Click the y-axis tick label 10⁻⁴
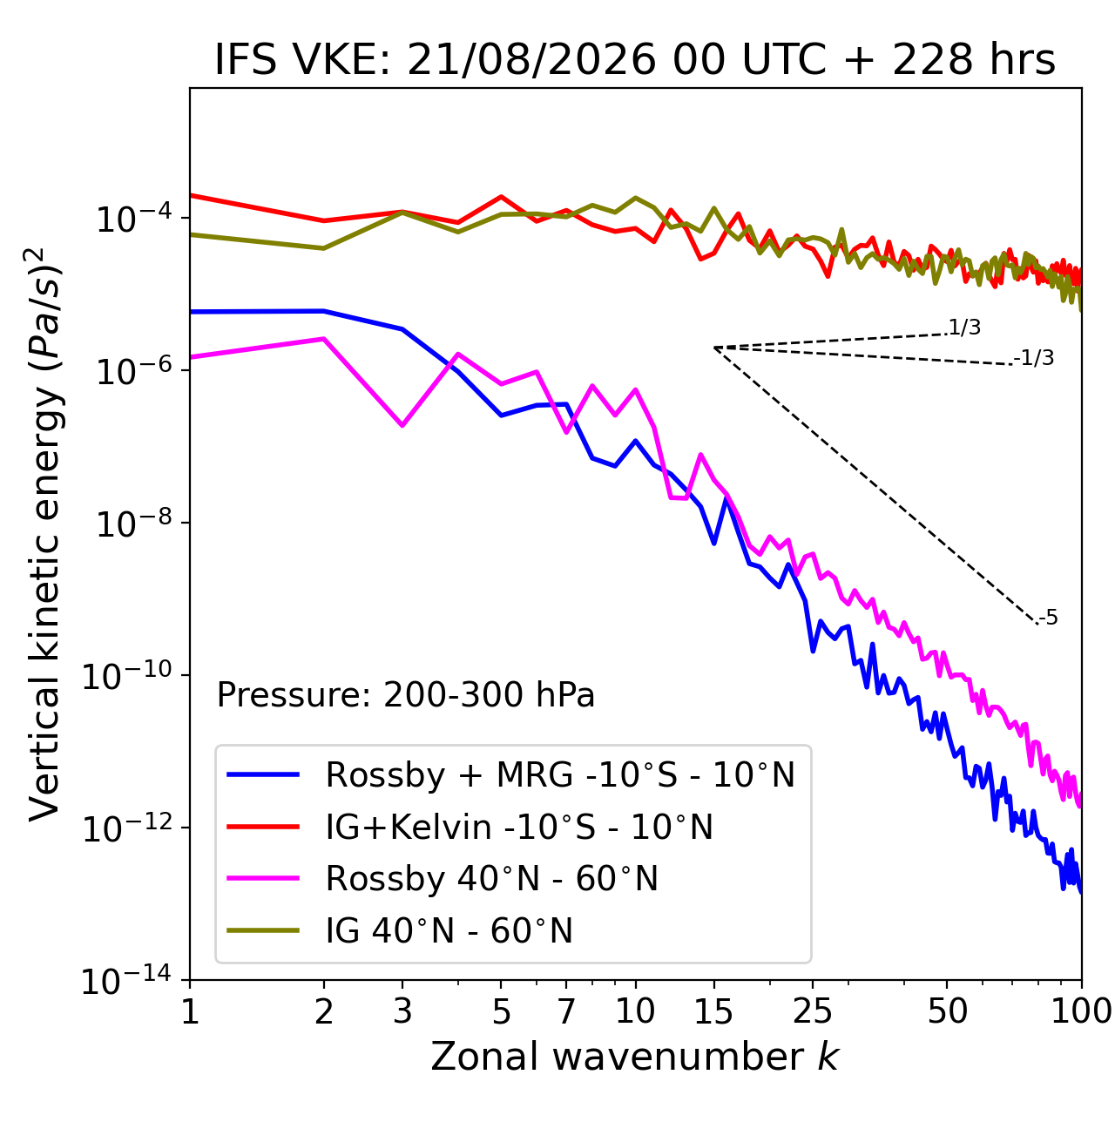[134, 219]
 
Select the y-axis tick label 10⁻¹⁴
[127, 980]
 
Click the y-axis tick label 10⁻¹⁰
[127, 676]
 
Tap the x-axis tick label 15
[713, 1011]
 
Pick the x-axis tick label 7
[566, 1011]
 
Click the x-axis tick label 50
[947, 1011]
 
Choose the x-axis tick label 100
[1081, 1011]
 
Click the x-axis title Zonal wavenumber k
[634, 1057]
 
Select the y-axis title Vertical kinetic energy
[44, 531]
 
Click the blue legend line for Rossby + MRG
[263, 774]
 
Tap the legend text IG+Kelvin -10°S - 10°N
[519, 827]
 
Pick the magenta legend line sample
[263, 877]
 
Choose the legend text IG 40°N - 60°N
[449, 929]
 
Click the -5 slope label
[1048, 618]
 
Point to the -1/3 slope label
[1033, 358]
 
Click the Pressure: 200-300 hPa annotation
[405, 694]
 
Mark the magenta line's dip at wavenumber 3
[402, 425]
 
